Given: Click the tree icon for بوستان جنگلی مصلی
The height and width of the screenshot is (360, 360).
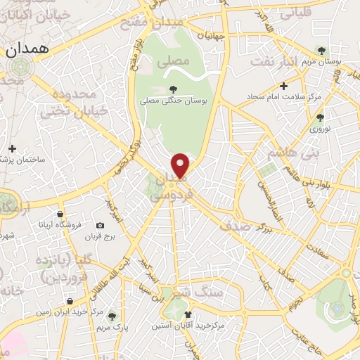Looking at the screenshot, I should pos(173,90).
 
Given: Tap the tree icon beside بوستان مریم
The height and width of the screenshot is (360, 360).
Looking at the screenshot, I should pos(321,51).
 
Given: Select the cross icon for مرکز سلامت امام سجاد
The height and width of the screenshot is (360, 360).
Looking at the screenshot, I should pos(283,86).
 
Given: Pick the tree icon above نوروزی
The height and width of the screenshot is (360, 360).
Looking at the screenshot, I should pos(320,117).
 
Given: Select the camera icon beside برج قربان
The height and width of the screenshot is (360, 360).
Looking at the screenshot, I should pos(99,225).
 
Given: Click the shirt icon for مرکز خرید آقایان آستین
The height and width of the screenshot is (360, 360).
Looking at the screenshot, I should pos(186,313).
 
